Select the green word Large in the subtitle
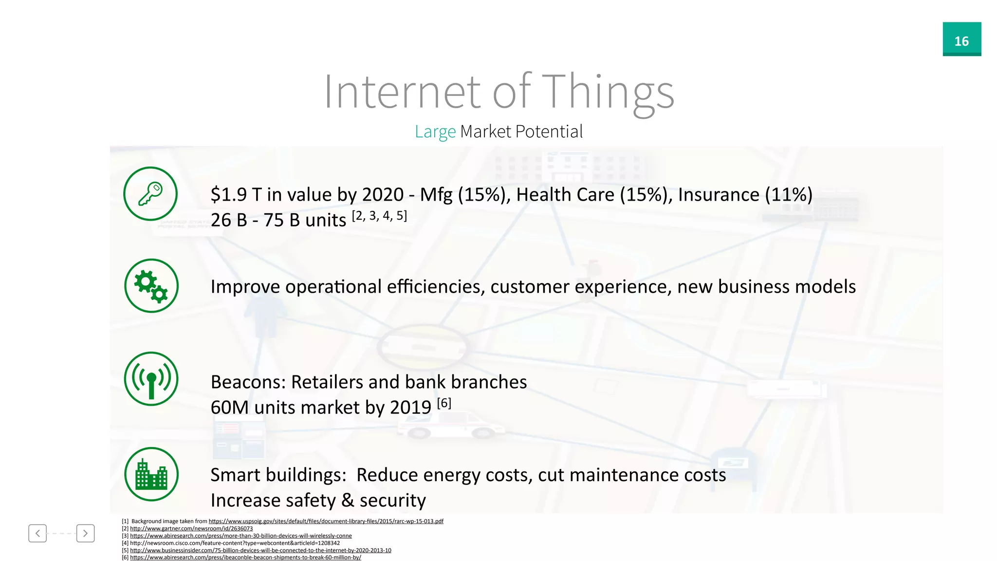435,131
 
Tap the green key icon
150,194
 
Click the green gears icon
151,286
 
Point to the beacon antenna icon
151,379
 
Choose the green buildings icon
151,474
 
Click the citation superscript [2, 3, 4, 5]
379,216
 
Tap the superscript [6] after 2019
444,403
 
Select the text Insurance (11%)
745,195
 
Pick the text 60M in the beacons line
229,408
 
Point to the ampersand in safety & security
348,501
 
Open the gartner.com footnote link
191,528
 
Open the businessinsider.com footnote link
260,550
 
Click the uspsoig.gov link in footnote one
326,521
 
